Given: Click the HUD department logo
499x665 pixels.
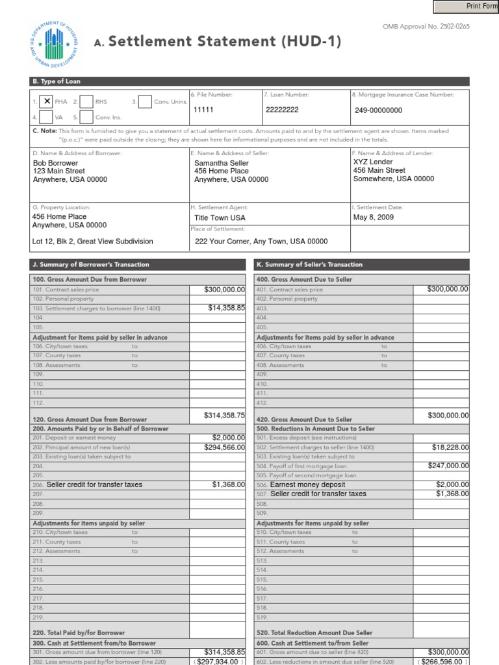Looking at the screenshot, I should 53,44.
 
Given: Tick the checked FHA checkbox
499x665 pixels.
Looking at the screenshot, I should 47,101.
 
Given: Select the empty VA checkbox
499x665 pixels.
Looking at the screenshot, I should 47,118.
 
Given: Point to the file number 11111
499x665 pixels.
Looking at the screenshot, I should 203,110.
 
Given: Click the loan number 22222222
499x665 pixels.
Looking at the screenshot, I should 283,110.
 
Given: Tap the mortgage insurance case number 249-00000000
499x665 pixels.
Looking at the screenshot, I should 378,110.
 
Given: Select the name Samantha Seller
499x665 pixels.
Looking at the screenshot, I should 222,163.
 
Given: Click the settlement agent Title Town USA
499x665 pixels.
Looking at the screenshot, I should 220,218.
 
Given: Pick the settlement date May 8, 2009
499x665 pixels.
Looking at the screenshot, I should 374,218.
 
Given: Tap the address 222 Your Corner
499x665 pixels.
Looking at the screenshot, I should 261,242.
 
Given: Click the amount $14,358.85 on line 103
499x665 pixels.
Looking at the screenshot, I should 226,308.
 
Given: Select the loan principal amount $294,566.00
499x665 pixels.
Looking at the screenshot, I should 223,447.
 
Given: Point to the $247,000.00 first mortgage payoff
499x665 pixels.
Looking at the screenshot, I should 448,466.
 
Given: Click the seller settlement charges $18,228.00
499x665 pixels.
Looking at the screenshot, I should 450,447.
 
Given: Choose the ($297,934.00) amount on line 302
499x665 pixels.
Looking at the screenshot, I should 219,661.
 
